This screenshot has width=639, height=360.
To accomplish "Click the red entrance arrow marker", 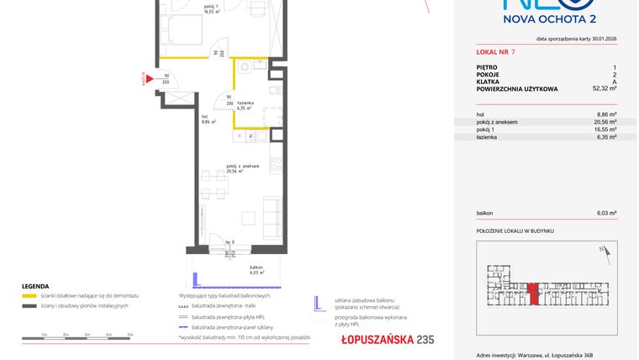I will pos(148,81).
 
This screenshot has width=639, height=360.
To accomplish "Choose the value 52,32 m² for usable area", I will pos(605,87).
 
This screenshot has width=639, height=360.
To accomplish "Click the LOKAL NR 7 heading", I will pos(494,52).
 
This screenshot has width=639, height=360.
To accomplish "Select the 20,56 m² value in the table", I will pos(606,122).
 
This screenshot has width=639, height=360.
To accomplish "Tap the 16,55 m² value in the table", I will pos(606,130).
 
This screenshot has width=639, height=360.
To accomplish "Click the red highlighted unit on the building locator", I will pos(533,297).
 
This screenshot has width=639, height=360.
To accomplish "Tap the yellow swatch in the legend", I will pos(29,296).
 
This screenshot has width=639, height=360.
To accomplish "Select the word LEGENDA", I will pos(35,286).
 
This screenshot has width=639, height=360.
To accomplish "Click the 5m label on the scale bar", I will pos(130,334).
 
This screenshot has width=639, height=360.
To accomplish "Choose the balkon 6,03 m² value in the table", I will pos(606,214).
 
